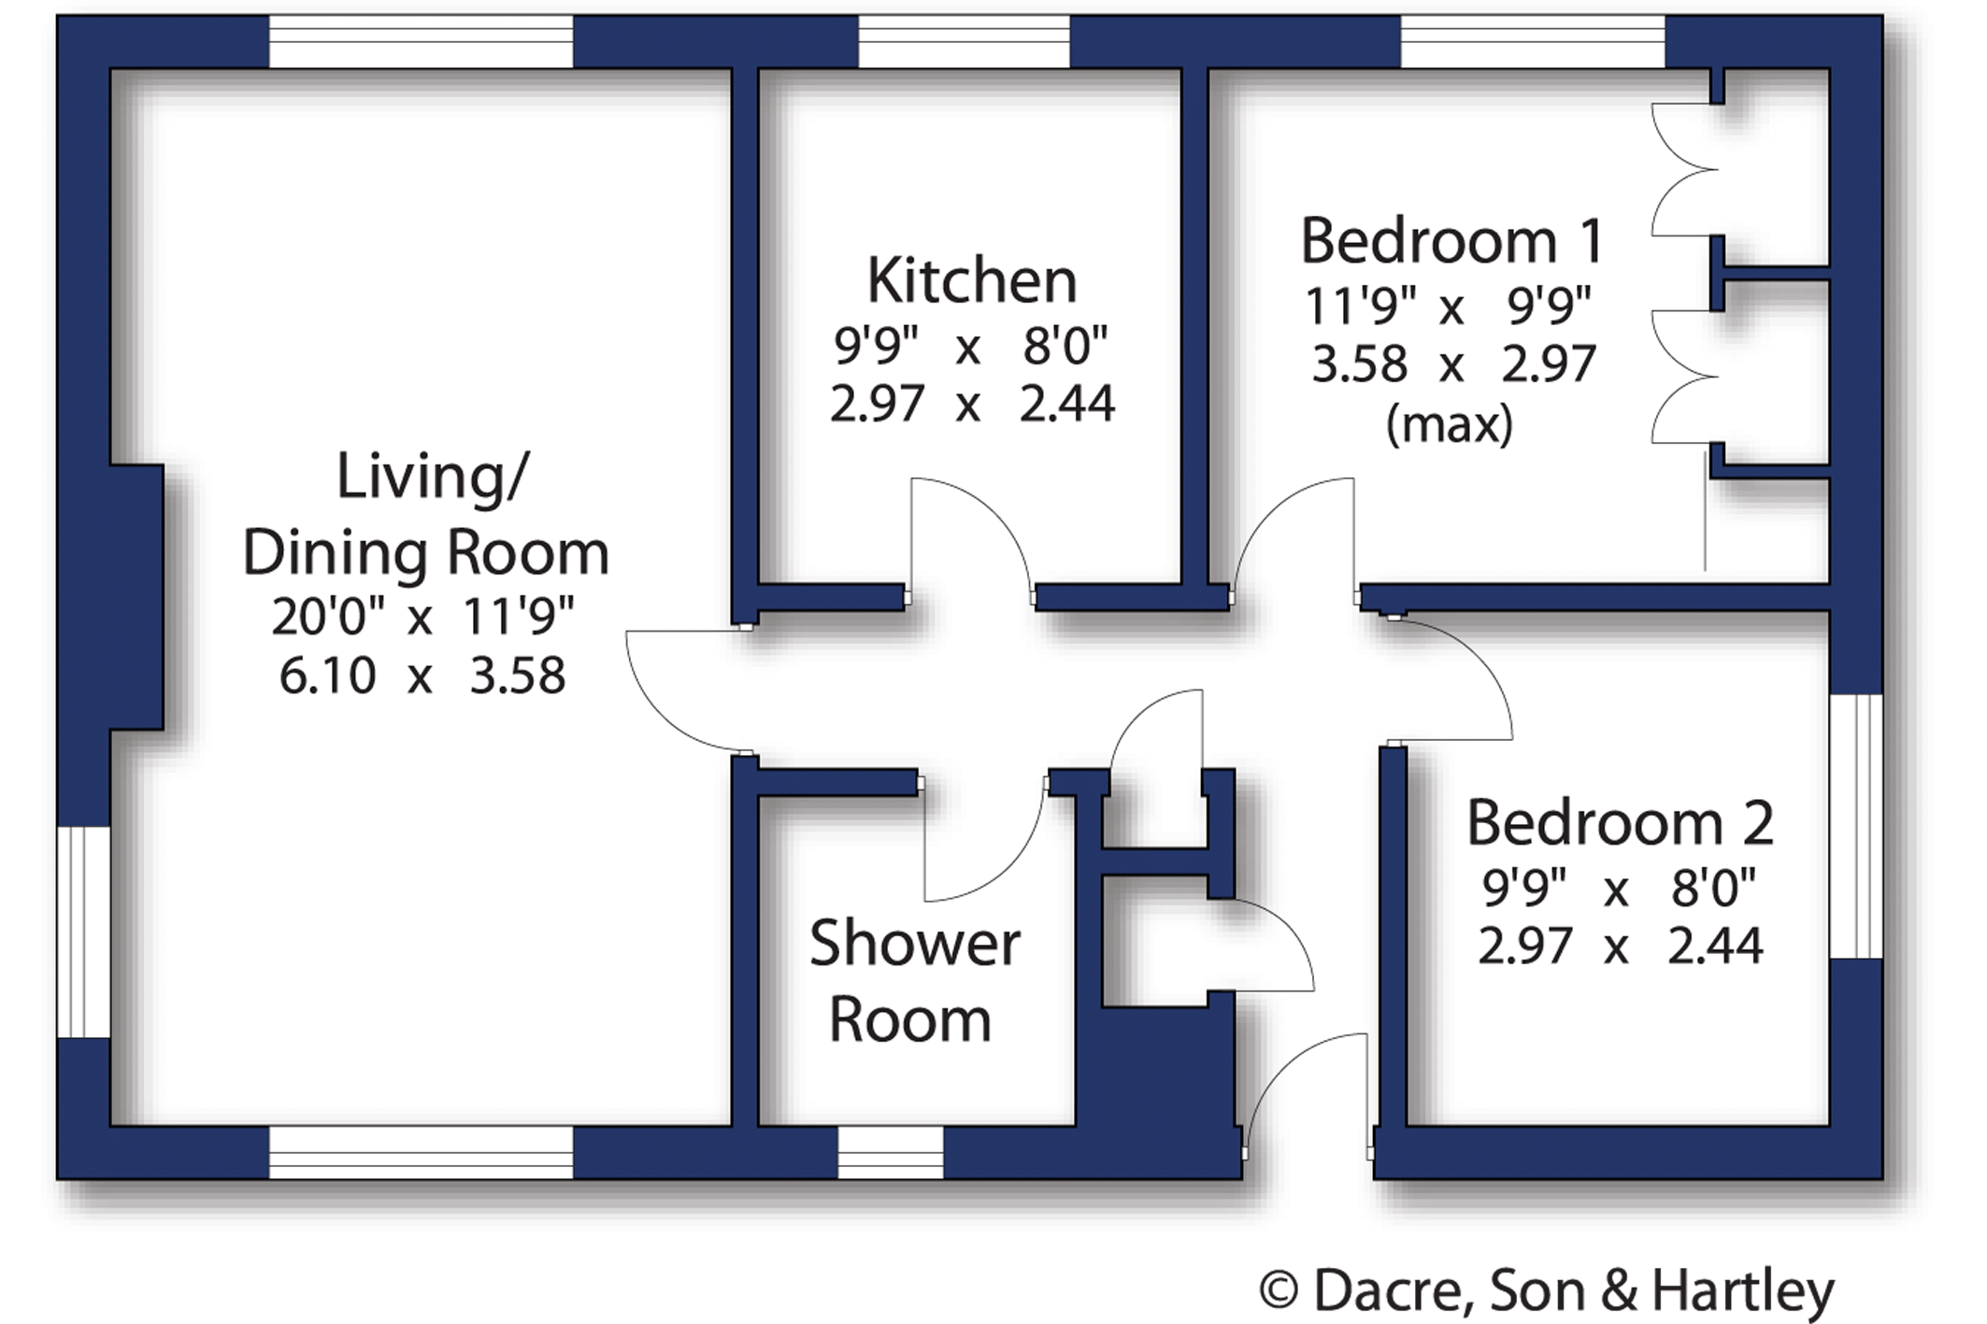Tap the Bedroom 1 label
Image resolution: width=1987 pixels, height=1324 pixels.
click(x=1452, y=241)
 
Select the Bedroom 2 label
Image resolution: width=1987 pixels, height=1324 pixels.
click(x=1620, y=822)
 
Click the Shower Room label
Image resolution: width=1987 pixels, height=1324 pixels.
click(x=914, y=980)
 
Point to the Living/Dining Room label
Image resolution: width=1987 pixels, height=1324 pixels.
click(x=426, y=514)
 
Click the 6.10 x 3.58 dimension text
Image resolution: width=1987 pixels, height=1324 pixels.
click(x=422, y=675)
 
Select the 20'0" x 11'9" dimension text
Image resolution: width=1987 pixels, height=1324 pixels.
click(x=422, y=617)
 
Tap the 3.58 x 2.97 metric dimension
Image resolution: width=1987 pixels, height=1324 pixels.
click(x=1453, y=363)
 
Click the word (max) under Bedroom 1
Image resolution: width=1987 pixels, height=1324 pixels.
click(x=1450, y=424)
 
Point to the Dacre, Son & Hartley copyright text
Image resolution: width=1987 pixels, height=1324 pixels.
click(x=1547, y=1291)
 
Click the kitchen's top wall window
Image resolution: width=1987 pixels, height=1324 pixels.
click(x=964, y=41)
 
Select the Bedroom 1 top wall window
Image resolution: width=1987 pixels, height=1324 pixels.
click(x=1533, y=41)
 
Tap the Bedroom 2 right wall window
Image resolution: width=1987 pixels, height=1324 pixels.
click(x=1856, y=826)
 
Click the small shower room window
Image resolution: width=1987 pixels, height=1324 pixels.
click(x=891, y=1152)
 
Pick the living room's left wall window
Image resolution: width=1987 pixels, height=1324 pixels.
click(x=84, y=932)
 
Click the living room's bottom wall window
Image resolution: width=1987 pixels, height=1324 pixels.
click(x=421, y=1152)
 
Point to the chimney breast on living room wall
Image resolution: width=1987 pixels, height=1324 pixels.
click(x=136, y=597)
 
